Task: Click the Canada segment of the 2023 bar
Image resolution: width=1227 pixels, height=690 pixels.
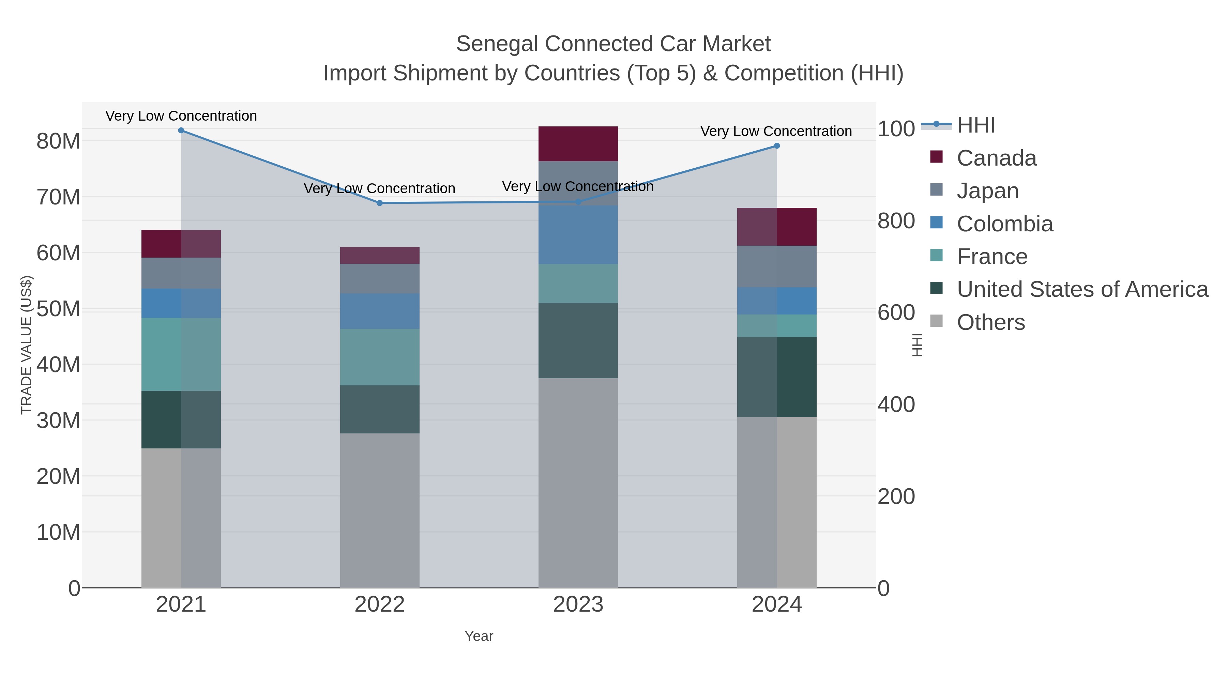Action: (578, 144)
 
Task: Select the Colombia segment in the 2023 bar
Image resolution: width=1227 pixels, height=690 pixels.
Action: (578, 235)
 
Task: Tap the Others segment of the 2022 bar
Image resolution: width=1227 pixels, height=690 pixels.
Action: (380, 509)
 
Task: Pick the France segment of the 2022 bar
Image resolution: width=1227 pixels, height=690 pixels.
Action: (380, 357)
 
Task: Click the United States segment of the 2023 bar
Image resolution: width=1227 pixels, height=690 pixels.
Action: (578, 340)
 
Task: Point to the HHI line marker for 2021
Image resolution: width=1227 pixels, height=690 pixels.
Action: (181, 131)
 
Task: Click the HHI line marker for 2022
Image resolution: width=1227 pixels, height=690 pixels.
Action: (380, 203)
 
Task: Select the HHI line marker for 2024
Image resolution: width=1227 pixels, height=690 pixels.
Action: (776, 146)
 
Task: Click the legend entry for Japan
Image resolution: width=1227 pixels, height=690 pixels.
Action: (987, 191)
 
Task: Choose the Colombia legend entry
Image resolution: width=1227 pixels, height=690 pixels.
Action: (1004, 224)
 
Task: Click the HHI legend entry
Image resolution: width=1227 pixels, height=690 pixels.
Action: (975, 125)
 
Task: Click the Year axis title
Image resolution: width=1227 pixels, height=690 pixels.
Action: (479, 636)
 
